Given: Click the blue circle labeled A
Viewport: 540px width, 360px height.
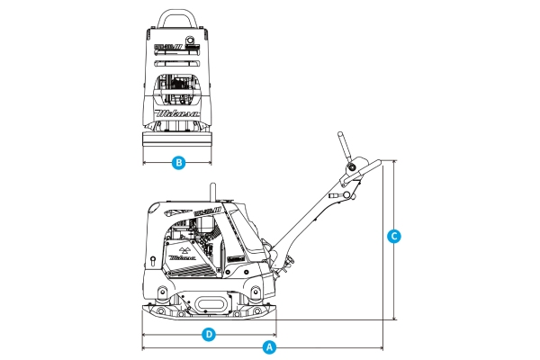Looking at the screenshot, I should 268,346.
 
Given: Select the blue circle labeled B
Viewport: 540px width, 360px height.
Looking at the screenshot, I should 179,163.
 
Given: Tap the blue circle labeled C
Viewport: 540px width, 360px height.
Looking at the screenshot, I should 393,238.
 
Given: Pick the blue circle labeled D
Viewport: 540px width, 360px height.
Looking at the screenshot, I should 208,334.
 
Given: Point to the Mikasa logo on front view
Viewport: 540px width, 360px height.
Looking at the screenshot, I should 177,114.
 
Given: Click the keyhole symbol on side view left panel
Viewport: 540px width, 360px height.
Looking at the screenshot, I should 154,260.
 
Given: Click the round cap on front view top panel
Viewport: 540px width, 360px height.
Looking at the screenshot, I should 190,40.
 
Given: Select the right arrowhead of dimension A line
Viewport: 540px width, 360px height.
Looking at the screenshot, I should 382,346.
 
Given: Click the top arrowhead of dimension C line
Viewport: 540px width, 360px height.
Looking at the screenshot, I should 393,162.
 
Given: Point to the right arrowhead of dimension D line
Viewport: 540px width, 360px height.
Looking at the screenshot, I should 272,334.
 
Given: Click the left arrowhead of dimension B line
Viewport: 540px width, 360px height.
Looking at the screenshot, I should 145,163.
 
